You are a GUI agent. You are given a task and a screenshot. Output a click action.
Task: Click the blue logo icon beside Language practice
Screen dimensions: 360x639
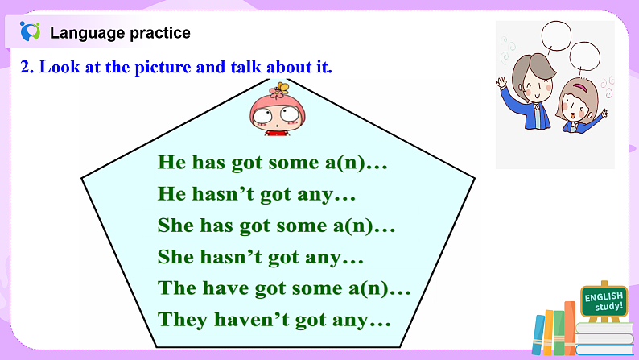click(30, 32)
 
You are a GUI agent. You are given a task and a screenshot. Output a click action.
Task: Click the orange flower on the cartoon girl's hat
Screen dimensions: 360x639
click(280, 88)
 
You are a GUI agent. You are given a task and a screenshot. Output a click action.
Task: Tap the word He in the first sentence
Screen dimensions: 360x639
click(171, 162)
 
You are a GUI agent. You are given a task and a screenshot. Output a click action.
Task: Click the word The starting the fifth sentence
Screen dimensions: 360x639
click(178, 288)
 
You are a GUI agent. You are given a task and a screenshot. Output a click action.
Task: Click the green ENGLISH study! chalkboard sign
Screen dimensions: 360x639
click(604, 302)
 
